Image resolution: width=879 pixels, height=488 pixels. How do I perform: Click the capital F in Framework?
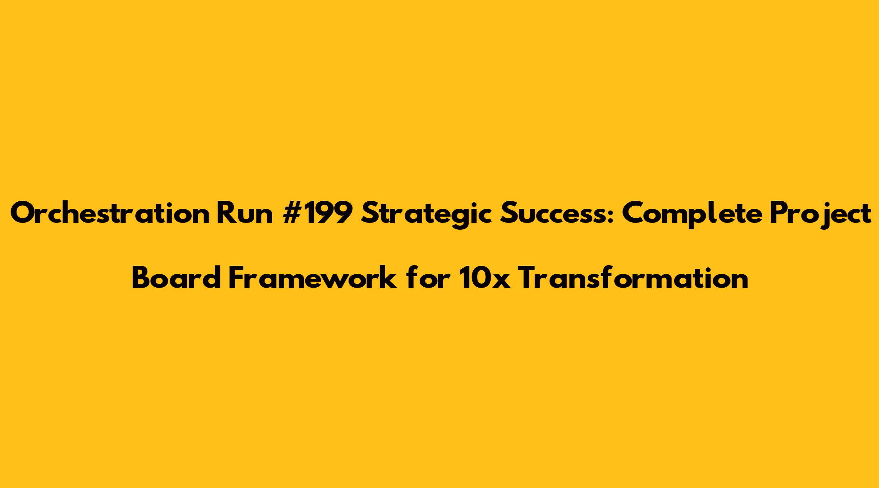(x=237, y=278)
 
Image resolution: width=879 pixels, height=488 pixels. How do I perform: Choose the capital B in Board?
(x=141, y=278)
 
